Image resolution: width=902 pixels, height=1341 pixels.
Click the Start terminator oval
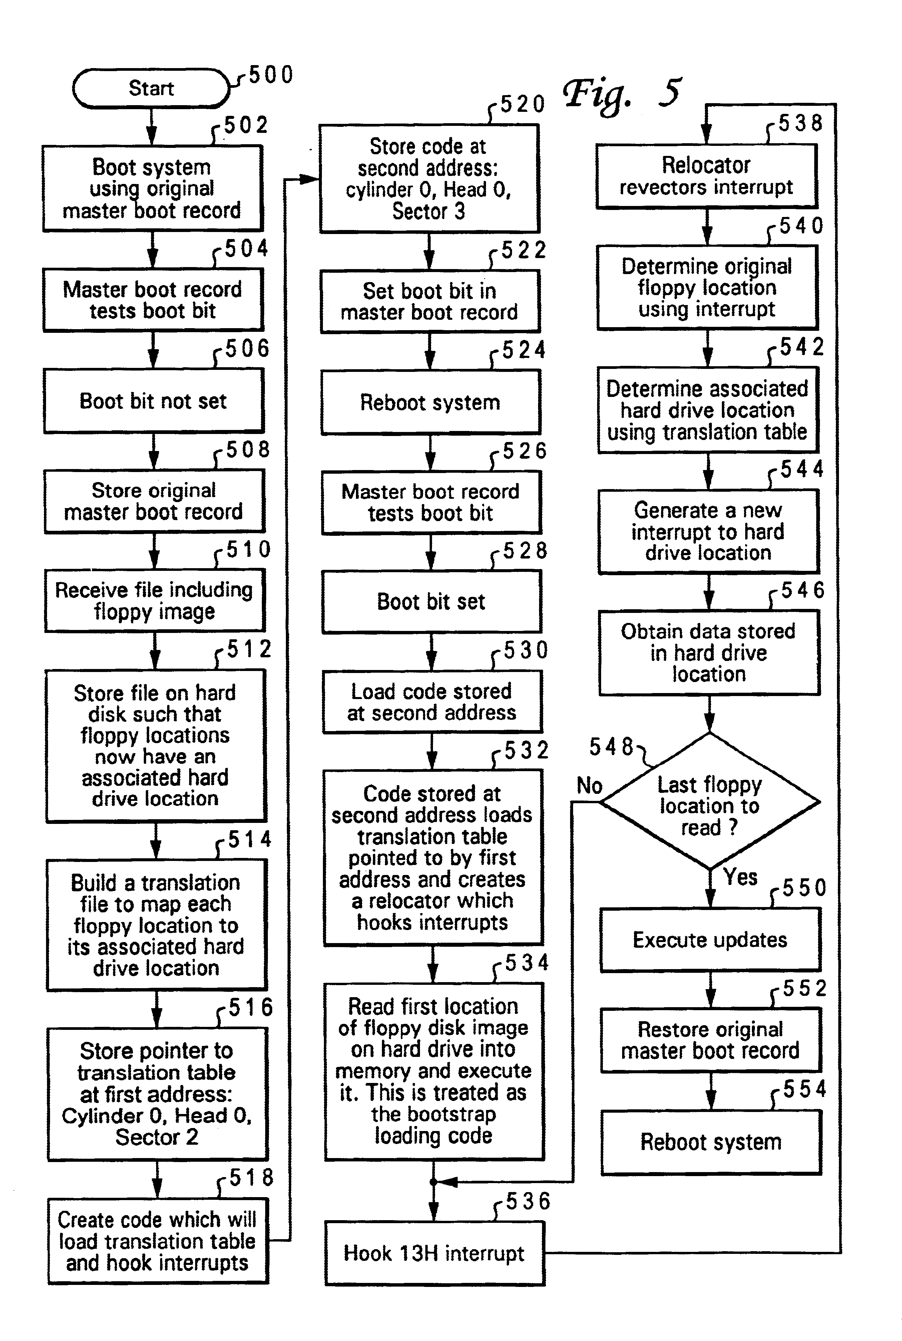click(151, 88)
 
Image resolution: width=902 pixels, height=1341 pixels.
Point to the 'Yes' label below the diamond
click(740, 877)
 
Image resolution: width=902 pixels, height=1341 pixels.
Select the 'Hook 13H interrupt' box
click(434, 1253)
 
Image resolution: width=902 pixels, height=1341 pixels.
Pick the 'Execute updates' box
click(710, 940)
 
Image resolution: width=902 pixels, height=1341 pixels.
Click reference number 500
click(271, 75)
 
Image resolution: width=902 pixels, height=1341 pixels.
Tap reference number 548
click(611, 747)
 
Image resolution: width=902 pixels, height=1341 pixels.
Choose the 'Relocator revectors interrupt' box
click(707, 176)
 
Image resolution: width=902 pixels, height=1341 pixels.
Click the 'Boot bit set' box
click(431, 602)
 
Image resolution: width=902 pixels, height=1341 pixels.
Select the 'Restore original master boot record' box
click(711, 1040)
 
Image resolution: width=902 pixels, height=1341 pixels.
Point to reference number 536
click(528, 1201)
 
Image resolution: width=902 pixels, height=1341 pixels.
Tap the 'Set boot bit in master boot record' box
click(430, 301)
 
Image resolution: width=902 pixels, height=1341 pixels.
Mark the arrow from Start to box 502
click(151, 126)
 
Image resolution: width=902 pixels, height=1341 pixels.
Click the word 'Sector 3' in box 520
click(429, 211)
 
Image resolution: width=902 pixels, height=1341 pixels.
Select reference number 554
click(804, 1089)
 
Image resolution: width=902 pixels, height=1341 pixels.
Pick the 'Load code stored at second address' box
click(432, 702)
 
